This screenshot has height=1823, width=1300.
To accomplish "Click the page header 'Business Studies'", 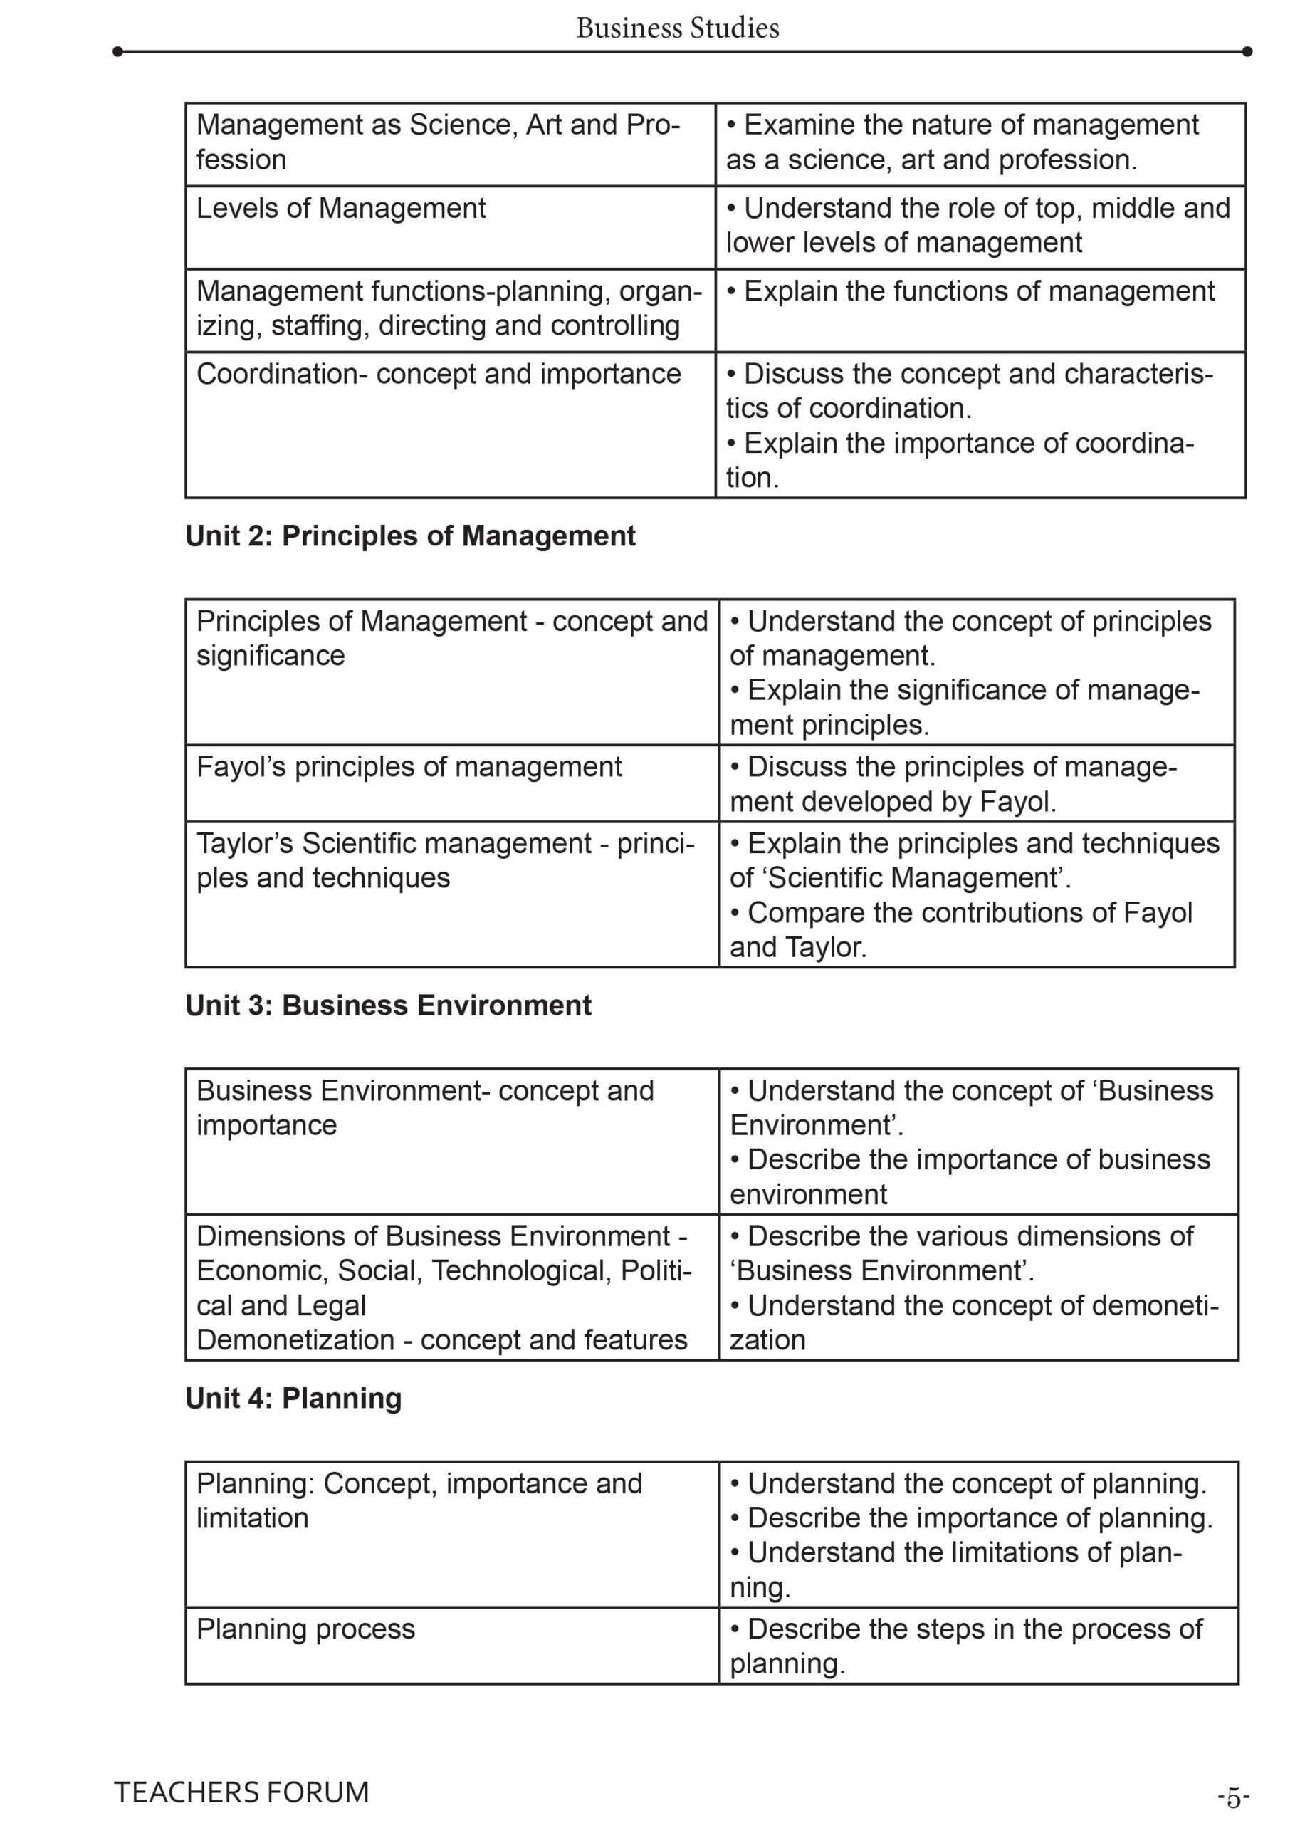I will tap(677, 28).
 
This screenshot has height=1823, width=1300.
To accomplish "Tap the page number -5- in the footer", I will tap(1233, 1797).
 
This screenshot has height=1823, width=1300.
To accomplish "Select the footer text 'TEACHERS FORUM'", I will tap(241, 1792).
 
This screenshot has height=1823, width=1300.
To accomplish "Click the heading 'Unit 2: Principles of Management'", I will tap(410, 536).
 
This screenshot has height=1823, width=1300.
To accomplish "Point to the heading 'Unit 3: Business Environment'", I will tap(388, 1005).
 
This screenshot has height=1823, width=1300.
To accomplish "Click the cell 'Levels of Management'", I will tap(341, 208).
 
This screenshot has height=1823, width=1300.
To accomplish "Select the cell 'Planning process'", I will tap(306, 1629).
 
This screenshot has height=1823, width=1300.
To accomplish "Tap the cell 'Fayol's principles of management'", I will tap(409, 767).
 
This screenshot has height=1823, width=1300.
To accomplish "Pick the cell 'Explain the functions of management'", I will tap(970, 291).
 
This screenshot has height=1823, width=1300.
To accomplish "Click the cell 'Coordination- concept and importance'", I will tap(439, 374).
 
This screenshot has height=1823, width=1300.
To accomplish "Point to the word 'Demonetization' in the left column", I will tap(295, 1340).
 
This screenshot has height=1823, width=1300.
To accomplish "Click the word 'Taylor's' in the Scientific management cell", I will tap(245, 843).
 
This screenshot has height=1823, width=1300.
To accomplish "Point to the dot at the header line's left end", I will tap(117, 52).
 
